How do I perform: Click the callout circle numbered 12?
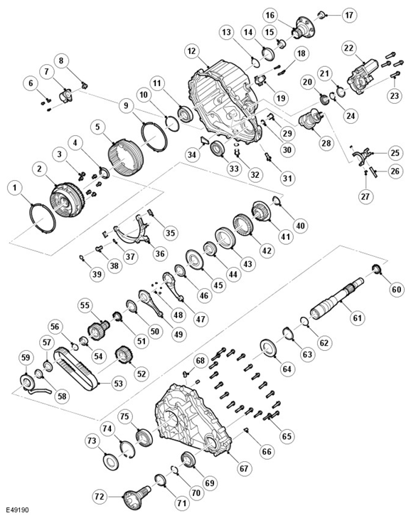tap(191, 51)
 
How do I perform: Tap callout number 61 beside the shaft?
tap(357, 318)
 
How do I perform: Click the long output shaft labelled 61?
tap(337, 298)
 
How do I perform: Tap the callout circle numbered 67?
tap(244, 468)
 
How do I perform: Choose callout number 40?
tap(301, 226)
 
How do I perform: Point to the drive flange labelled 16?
tap(303, 26)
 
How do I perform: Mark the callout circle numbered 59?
tap(26, 357)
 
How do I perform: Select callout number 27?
tap(365, 196)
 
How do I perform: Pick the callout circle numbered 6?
tap(31, 83)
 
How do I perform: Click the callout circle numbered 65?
tap(287, 436)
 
